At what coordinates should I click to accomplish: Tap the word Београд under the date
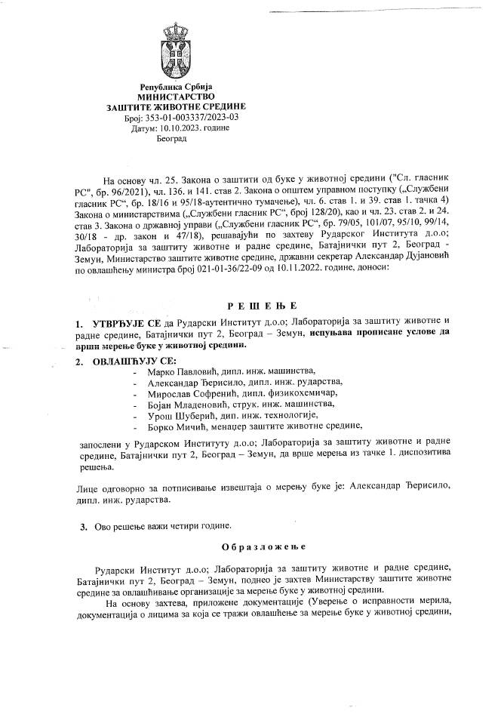click(171, 139)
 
